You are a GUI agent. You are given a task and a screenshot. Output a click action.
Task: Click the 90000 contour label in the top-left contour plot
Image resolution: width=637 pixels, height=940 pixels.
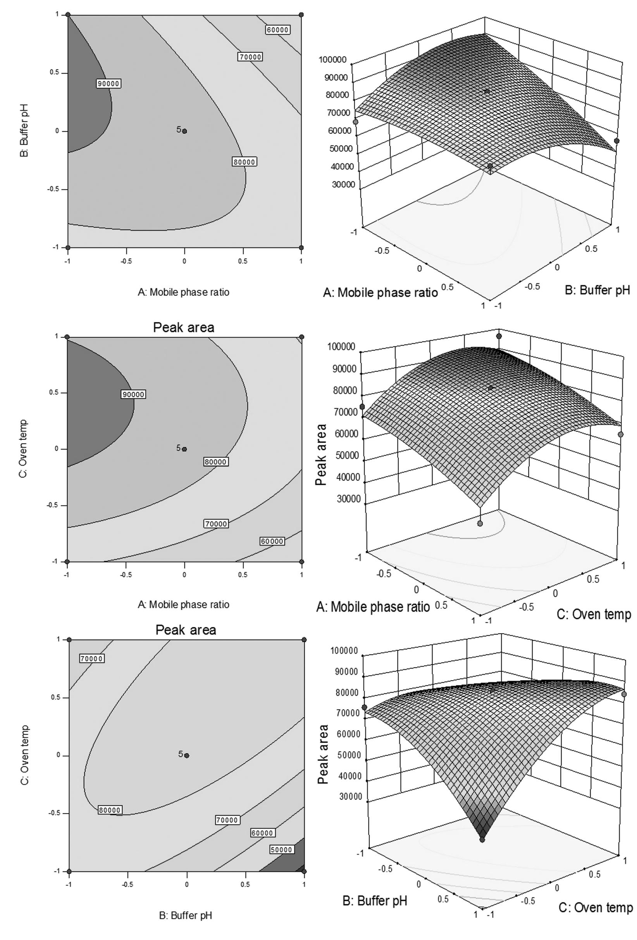(109, 83)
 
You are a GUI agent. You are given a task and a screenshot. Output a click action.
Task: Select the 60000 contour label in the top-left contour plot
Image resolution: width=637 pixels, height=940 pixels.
(278, 29)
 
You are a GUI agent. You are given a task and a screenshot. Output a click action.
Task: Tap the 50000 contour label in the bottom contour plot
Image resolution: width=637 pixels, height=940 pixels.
(281, 850)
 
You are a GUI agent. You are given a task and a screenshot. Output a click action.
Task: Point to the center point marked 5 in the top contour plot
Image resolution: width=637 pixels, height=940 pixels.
(184, 131)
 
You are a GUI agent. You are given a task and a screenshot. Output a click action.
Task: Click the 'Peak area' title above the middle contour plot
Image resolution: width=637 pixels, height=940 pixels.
(184, 327)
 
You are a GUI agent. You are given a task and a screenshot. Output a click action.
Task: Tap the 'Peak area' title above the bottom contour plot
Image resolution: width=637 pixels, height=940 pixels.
(186, 630)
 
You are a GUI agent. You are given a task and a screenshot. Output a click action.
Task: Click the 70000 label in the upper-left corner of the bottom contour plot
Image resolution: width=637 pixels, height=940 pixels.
(92, 658)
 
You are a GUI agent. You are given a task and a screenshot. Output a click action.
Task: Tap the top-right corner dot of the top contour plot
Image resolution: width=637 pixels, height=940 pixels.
(301, 15)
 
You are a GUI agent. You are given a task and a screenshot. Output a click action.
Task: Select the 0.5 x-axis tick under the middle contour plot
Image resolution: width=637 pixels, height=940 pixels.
(243, 574)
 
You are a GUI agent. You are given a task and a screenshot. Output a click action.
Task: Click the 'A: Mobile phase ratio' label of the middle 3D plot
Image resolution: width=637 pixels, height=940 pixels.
(373, 607)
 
